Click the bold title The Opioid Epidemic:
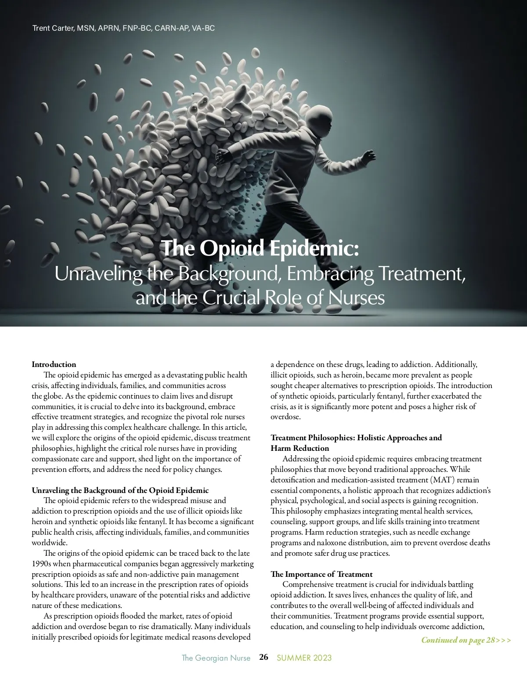[x=261, y=248]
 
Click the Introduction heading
[x=54, y=364]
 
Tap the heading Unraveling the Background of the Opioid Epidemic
[x=120, y=490]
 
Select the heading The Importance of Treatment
[x=321, y=574]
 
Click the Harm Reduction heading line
[x=300, y=448]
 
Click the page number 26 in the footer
[x=263, y=657]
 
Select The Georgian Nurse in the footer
[x=216, y=658]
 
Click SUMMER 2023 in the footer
[x=304, y=658]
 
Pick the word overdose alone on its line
[x=285, y=417]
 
